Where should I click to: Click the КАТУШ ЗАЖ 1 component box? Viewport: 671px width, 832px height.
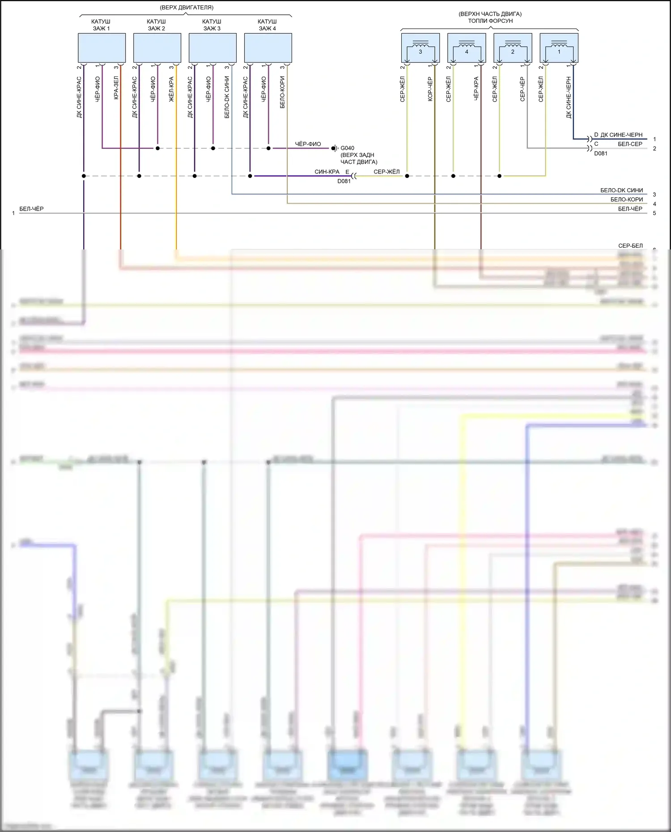102,48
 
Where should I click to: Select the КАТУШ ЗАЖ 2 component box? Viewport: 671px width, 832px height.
157,48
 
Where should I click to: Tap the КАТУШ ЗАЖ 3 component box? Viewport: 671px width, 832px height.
212,48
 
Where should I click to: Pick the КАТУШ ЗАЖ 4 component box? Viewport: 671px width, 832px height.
268,48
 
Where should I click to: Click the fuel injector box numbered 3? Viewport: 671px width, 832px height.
420,48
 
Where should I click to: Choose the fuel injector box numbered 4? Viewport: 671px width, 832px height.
467,48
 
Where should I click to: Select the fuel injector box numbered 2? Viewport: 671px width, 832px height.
513,48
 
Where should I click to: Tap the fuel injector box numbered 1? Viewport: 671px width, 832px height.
559,48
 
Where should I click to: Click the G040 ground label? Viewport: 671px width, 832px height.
347,148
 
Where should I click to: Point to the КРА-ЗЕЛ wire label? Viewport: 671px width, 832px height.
116,88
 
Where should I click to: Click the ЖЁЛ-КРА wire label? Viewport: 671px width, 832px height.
171,89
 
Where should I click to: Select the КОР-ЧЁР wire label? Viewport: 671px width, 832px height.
430,89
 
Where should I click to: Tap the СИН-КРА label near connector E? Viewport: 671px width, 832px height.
327,172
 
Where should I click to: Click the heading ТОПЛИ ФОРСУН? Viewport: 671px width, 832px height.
490,21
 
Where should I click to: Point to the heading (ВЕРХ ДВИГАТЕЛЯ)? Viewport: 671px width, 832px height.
187,8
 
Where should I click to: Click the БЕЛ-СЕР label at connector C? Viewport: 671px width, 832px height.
630,144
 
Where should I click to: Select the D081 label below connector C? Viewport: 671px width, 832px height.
601,153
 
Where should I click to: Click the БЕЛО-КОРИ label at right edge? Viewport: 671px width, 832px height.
626,199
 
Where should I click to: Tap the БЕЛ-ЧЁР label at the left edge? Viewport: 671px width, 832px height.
31,209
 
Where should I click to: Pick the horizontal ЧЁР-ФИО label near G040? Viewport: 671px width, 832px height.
308,144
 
